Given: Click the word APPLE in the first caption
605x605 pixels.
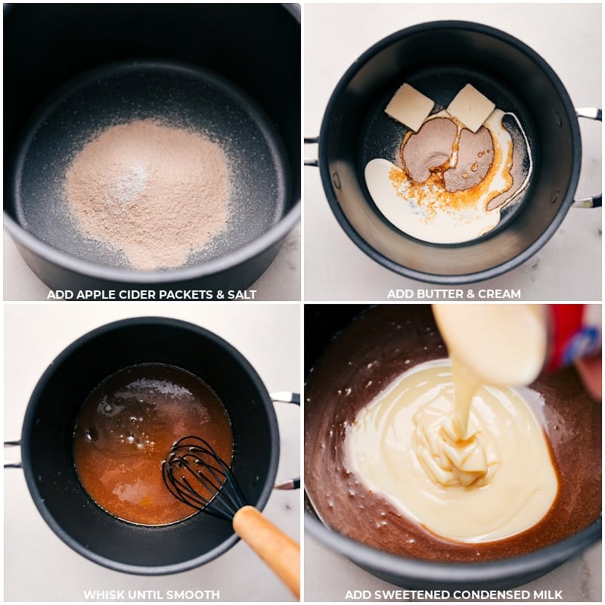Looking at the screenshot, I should [92, 294].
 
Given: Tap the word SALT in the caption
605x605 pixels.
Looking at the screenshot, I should [242, 294].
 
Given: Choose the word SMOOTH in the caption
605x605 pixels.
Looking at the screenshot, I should [194, 594].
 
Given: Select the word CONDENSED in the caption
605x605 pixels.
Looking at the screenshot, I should [486, 594].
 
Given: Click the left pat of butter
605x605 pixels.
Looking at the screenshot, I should [409, 106].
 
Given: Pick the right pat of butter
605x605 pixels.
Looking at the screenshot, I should [470, 107].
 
